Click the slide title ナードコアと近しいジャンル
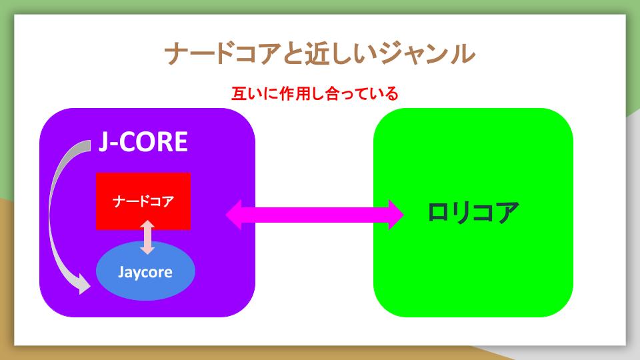(x=320, y=55)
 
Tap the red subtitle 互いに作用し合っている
(x=315, y=93)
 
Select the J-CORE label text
(x=143, y=141)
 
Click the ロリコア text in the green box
(x=473, y=213)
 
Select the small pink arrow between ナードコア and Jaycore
(x=147, y=237)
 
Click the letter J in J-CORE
(x=105, y=141)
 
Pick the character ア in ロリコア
(x=506, y=213)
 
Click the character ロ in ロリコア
(x=439, y=213)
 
